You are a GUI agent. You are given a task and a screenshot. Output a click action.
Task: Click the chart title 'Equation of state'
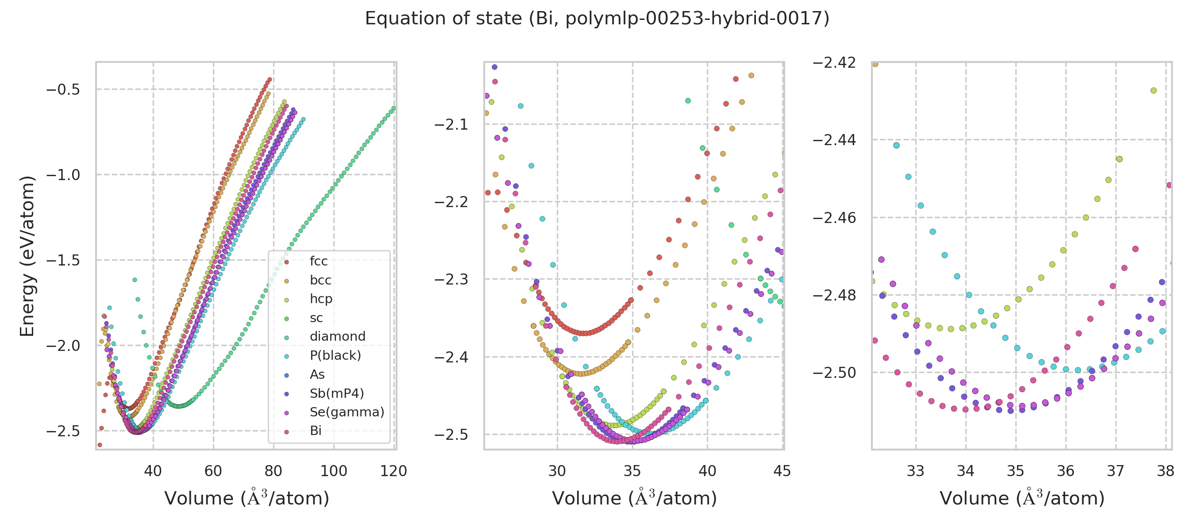[597, 19]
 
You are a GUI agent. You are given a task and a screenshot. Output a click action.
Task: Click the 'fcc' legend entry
[318, 262]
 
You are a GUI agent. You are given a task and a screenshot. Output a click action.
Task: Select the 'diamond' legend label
[337, 337]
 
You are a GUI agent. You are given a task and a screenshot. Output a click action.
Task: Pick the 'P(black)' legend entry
[335, 356]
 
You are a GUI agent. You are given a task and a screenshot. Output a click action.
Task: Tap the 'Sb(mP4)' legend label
[337, 394]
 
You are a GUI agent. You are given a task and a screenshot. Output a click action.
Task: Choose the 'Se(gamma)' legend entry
[347, 412]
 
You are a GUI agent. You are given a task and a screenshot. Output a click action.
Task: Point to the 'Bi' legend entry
[316, 431]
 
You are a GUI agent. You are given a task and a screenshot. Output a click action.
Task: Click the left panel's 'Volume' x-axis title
[247, 499]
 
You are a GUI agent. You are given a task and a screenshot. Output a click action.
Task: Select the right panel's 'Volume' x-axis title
[1022, 499]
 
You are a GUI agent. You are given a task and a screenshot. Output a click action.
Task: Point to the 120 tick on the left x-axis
[393, 472]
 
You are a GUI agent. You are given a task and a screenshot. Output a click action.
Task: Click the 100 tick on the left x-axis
[334, 472]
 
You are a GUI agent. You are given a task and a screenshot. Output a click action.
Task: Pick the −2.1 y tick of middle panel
[451, 125]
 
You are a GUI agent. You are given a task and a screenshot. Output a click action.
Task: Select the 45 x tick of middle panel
[782, 472]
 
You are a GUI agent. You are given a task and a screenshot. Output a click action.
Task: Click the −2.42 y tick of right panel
[834, 62]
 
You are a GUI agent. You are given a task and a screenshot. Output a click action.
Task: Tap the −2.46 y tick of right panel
[834, 218]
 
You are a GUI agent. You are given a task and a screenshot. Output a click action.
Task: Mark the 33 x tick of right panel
[915, 472]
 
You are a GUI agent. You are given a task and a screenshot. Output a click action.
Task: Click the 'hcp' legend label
[321, 299]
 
